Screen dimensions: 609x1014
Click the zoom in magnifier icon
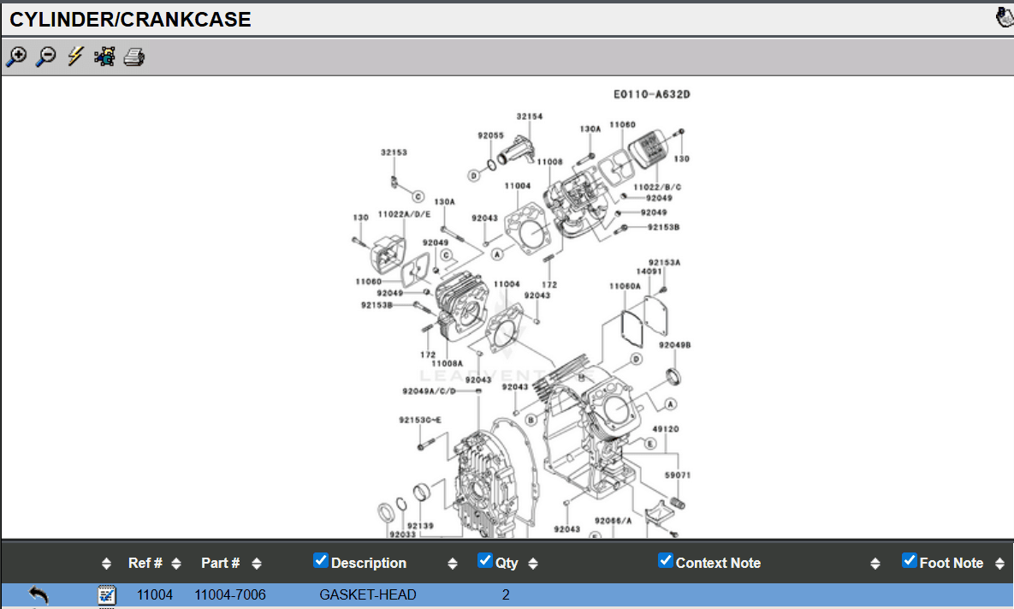[16, 57]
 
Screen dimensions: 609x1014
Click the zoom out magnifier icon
[45, 57]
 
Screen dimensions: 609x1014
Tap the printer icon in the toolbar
[134, 57]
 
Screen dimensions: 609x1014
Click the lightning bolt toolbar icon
[75, 57]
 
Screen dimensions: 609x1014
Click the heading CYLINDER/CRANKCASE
[130, 20]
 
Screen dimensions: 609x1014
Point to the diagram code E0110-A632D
[651, 94]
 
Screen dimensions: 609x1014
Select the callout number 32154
[529, 116]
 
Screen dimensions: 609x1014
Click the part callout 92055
[490, 135]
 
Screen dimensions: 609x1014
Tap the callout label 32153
[394, 152]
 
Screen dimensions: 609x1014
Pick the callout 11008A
[447, 363]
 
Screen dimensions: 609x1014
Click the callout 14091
[649, 272]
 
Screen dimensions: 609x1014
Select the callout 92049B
[674, 345]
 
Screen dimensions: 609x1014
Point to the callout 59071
[677, 474]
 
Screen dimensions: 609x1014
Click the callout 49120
[665, 428]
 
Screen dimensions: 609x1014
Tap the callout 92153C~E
[420, 421]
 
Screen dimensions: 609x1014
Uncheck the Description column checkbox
[321, 561]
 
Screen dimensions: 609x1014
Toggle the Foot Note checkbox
[910, 561]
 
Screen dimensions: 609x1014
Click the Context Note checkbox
[666, 561]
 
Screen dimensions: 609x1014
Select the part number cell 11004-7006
[230, 594]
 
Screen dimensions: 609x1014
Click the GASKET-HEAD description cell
[368, 594]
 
